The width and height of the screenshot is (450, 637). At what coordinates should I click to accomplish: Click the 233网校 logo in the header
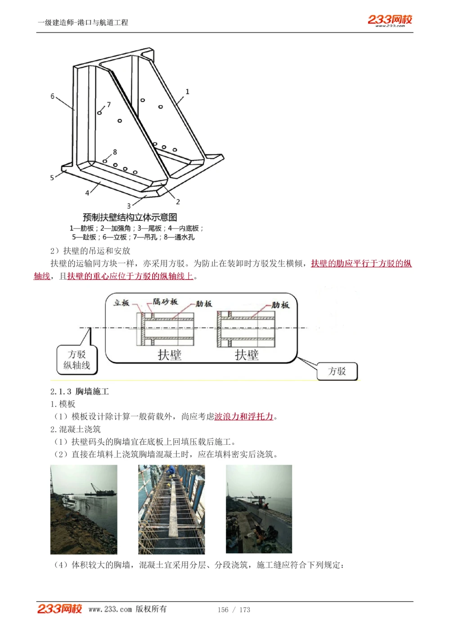pos(390,20)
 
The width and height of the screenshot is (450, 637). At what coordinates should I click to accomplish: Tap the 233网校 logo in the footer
pos(59,609)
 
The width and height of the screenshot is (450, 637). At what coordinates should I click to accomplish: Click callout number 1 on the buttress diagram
pos(187,92)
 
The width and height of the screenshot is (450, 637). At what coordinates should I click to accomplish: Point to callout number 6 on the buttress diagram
pos(53,96)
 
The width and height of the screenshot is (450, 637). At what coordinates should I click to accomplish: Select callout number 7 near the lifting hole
pos(108,104)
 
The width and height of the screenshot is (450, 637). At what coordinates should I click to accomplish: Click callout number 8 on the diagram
pos(115,152)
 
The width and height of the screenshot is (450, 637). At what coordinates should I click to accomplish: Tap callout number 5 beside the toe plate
pos(52,178)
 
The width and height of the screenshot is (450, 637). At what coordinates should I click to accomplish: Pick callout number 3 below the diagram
pos(129,206)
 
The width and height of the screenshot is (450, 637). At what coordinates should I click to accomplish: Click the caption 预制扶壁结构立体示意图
pos(130,217)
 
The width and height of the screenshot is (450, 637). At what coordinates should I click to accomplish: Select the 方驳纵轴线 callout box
pos(77,360)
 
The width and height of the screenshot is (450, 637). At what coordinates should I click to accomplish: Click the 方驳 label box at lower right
pos(337,371)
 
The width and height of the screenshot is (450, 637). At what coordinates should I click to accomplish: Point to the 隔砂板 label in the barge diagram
pos(165,302)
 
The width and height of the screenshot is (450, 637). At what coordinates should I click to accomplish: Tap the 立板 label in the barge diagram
pos(121,303)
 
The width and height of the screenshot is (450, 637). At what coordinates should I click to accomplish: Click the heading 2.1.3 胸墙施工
pos(80,392)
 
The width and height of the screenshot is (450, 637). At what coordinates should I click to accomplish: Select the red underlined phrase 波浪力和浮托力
pos(243,417)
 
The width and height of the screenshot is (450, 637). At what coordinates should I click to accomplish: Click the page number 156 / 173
pos(234,610)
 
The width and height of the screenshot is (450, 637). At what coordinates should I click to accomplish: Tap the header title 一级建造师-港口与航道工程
pos(83,23)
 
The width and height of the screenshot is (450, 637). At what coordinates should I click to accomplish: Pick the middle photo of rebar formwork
pos(171,509)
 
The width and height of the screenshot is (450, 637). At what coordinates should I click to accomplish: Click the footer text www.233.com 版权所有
pos(127,609)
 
